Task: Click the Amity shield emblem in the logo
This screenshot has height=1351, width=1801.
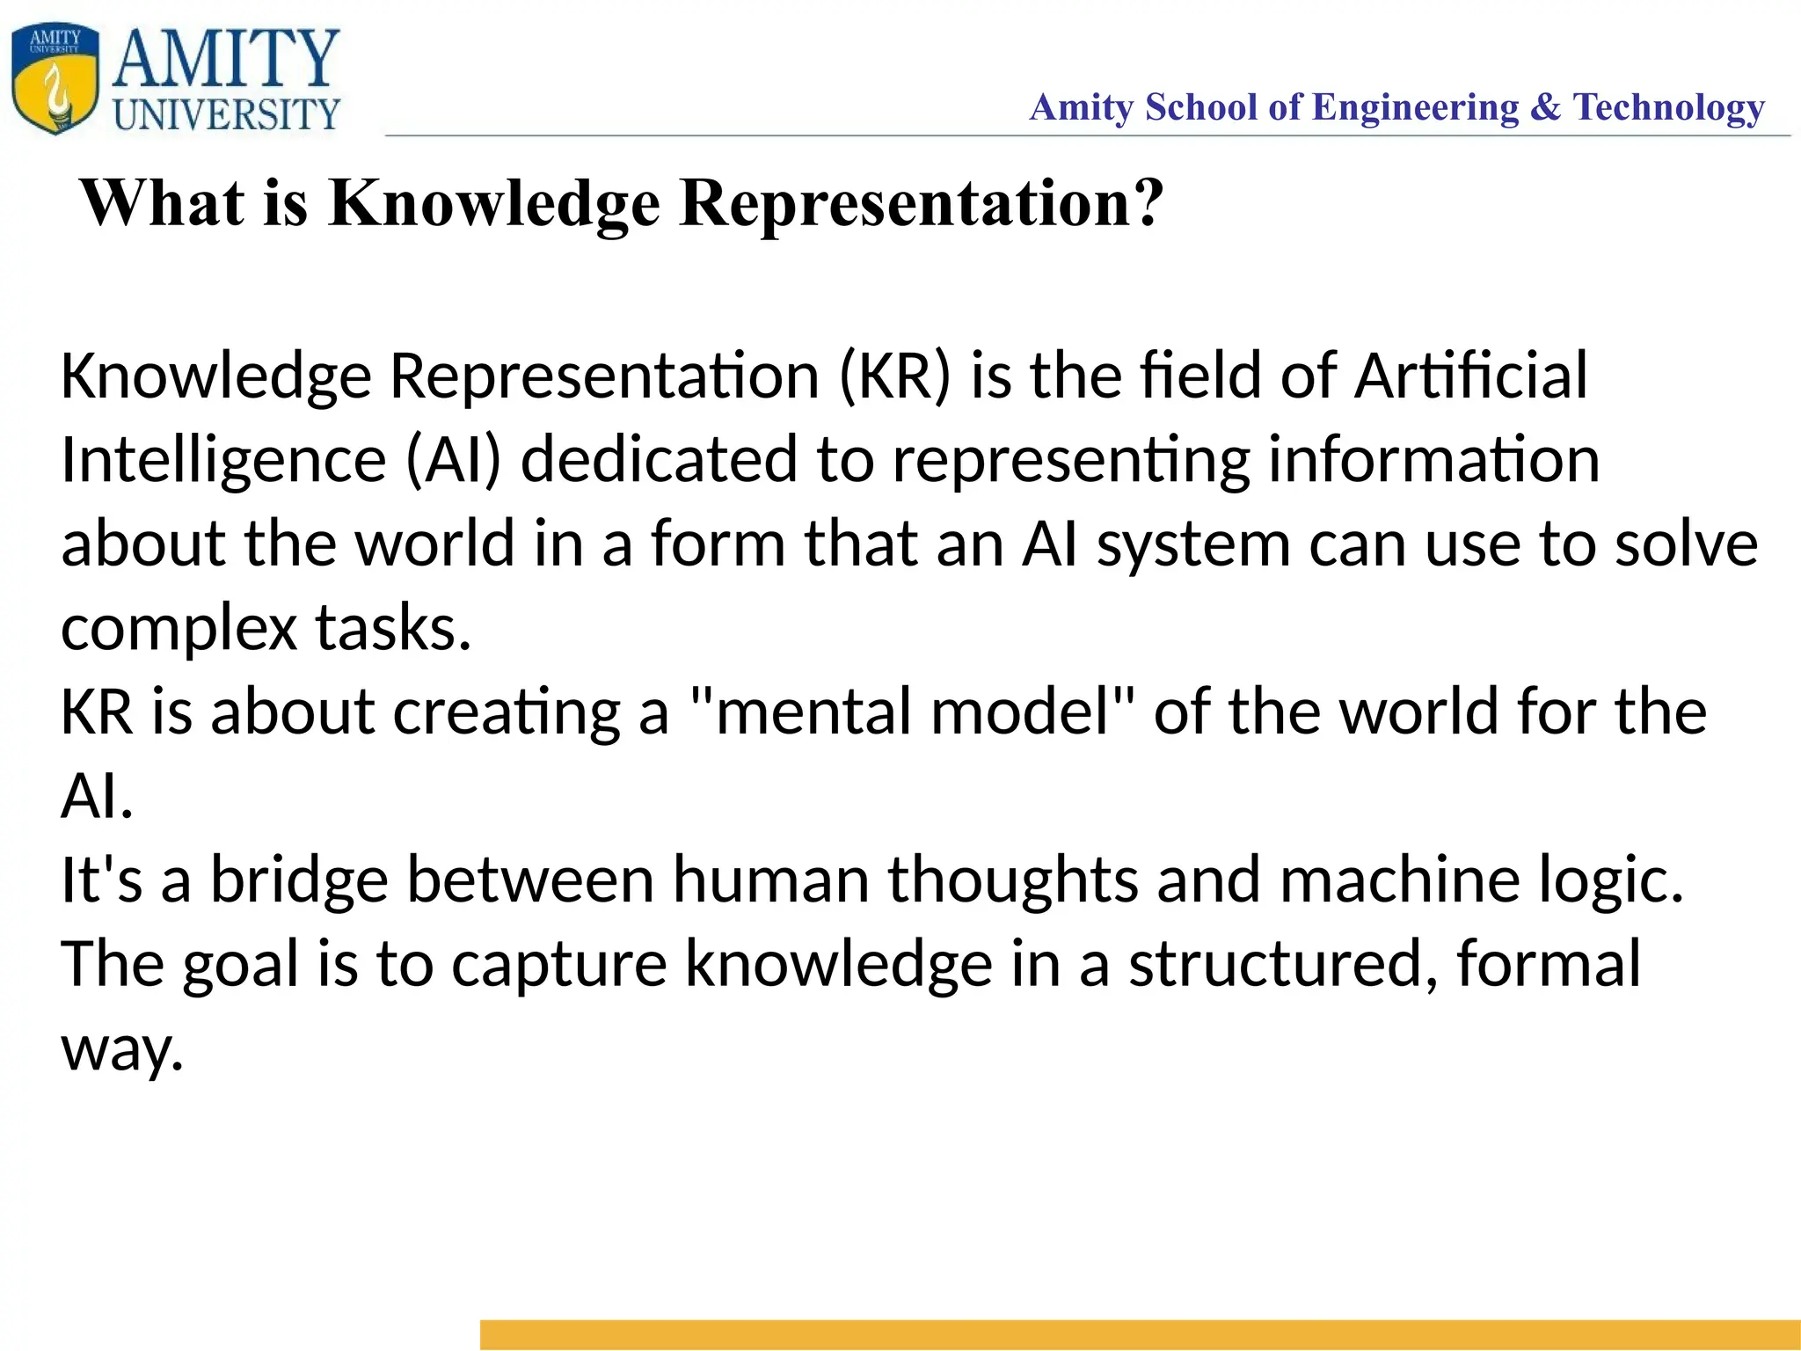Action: click(x=55, y=79)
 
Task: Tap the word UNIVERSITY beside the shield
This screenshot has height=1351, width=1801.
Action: click(x=227, y=114)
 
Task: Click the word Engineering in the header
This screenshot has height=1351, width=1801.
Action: click(x=1415, y=107)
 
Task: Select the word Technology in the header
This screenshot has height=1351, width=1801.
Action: click(x=1668, y=107)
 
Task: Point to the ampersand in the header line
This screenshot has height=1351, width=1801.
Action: click(x=1545, y=107)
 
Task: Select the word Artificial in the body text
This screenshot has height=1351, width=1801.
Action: click(x=1470, y=376)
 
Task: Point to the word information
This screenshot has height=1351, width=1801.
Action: click(x=1433, y=460)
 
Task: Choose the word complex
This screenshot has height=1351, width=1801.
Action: click(x=179, y=629)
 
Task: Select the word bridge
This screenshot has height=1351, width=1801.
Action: click(x=299, y=880)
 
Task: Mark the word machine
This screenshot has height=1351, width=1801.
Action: click(x=1399, y=880)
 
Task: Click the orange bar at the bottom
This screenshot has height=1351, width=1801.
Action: click(x=1140, y=1334)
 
